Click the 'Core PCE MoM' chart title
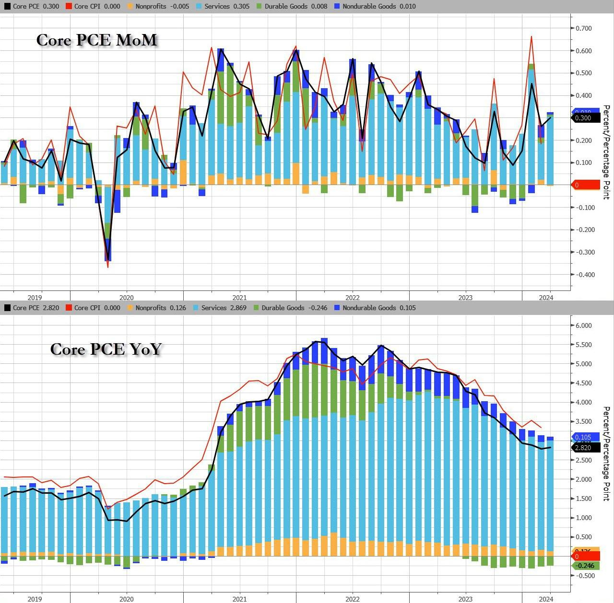(x=97, y=40)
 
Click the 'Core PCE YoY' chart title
(x=106, y=349)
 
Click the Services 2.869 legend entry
(x=219, y=308)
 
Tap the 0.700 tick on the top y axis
(x=583, y=28)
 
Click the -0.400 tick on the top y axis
(x=582, y=275)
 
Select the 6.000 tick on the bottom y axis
(x=583, y=325)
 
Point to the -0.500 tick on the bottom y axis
(x=582, y=576)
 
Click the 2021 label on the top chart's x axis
(x=239, y=298)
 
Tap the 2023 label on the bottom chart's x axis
(x=465, y=599)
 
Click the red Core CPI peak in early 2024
(x=531, y=37)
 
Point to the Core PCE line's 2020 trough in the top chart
(x=108, y=260)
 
